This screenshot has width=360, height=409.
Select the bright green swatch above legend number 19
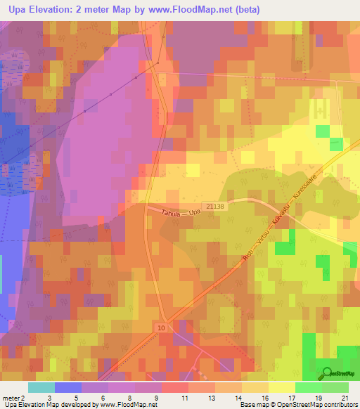[x=309, y=387]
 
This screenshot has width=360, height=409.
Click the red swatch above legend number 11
[x=175, y=387]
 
